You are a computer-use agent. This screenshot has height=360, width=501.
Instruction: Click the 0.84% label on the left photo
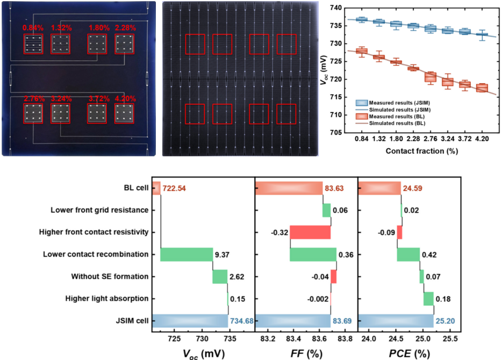(32, 28)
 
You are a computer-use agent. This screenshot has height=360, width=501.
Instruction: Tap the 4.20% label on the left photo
(125, 98)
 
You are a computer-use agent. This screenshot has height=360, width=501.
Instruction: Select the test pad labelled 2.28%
(125, 44)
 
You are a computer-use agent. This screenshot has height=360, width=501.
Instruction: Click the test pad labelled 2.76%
(33, 114)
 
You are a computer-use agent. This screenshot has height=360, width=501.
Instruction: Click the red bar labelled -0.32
(310, 233)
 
